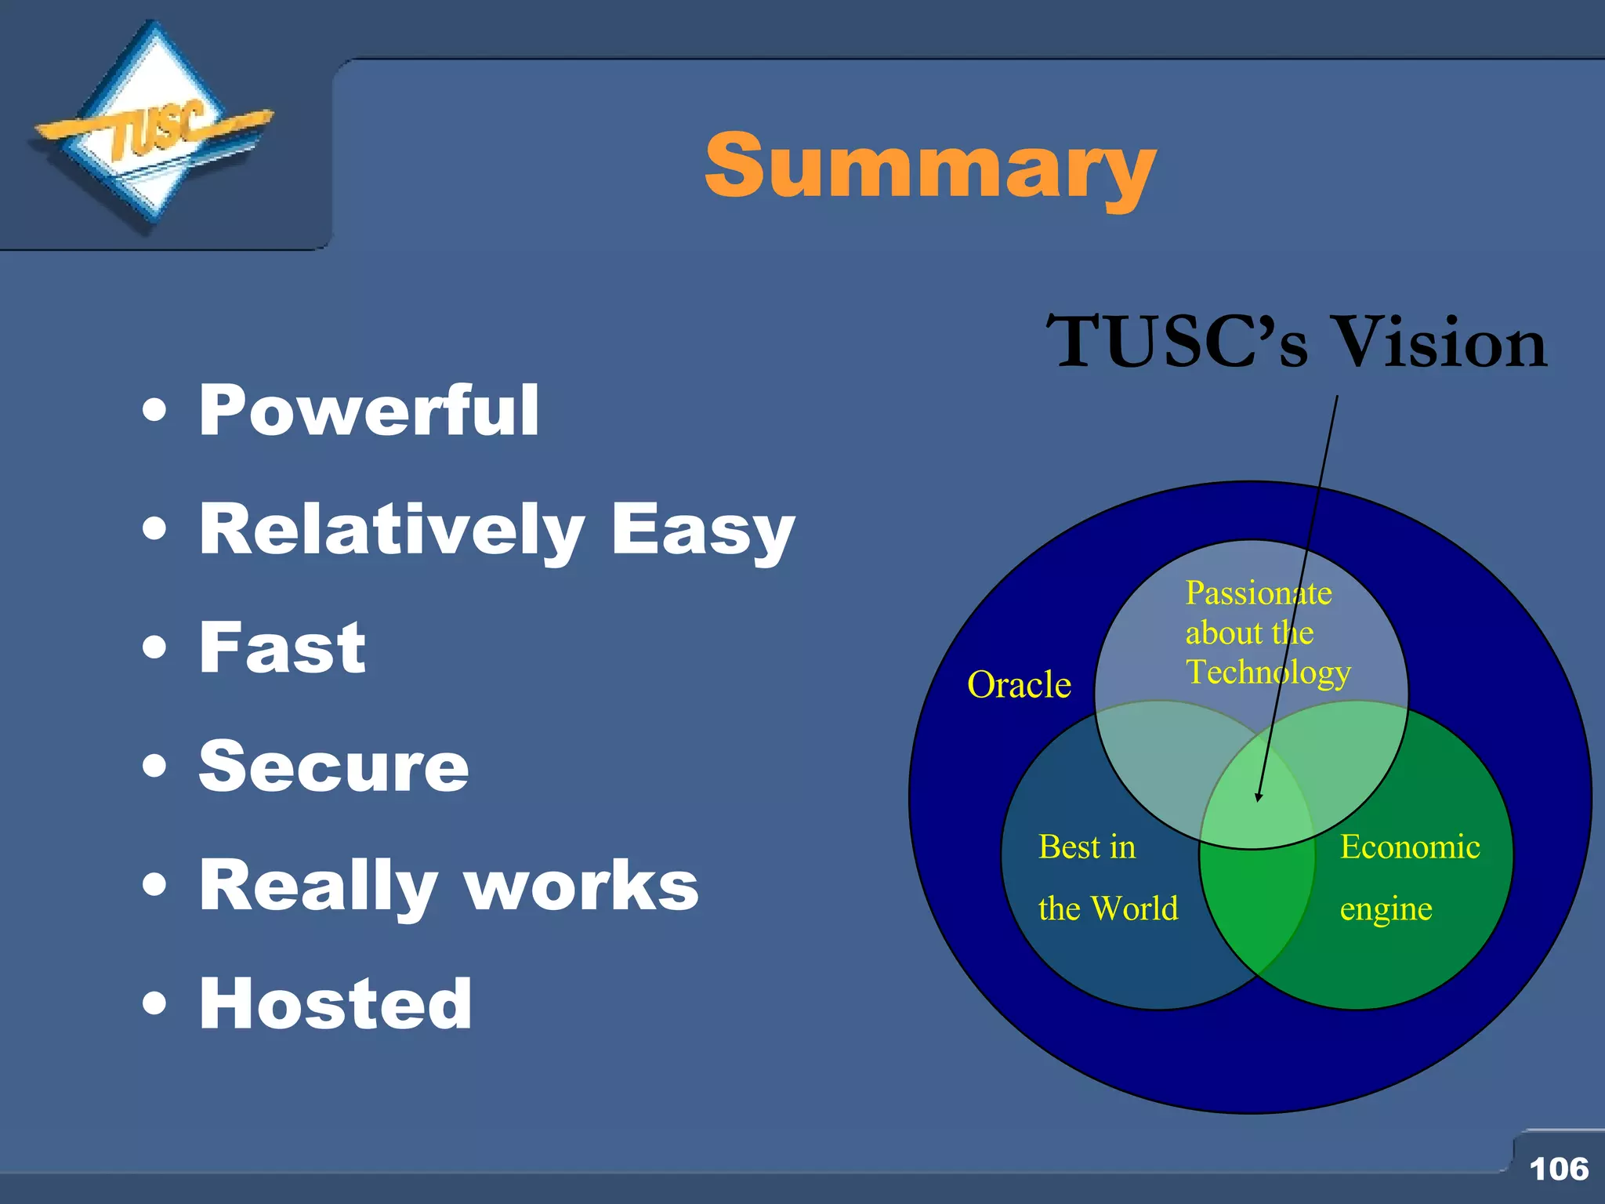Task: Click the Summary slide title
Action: (929, 167)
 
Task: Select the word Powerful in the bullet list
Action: (369, 411)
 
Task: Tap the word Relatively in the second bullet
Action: (392, 531)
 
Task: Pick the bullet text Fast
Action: (282, 648)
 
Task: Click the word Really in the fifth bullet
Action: (317, 887)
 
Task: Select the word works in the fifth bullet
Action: (581, 887)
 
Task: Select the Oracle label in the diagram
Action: (1019, 685)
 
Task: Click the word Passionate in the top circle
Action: (1258, 593)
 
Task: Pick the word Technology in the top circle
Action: (1267, 673)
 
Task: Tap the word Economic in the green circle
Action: (1409, 847)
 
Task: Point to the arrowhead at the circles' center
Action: (1259, 798)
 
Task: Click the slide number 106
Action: (1558, 1169)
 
